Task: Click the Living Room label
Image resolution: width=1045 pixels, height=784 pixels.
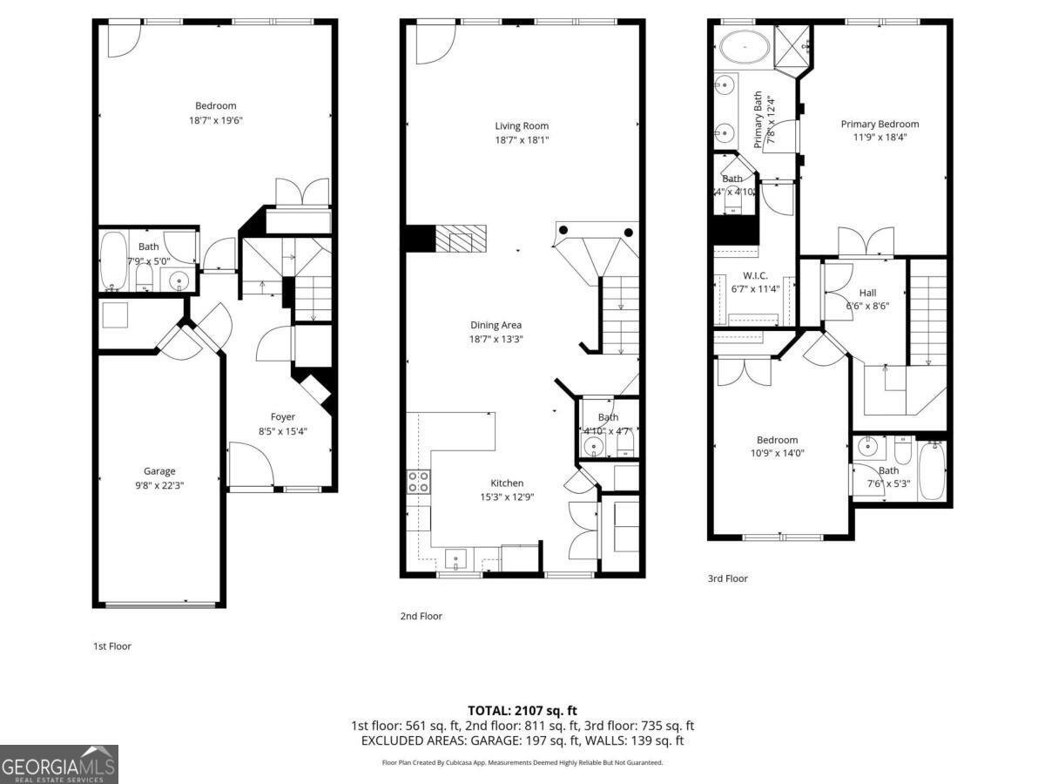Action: (522, 125)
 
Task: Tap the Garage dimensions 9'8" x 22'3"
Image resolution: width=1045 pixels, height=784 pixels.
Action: (159, 485)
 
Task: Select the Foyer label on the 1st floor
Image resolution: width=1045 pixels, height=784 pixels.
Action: (282, 417)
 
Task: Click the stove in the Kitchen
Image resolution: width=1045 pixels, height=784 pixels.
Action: (418, 482)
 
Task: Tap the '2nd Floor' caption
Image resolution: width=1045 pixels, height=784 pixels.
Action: (421, 616)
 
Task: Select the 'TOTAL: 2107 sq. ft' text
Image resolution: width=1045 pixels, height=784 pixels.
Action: (522, 710)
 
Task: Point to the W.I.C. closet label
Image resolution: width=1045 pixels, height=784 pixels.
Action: (754, 275)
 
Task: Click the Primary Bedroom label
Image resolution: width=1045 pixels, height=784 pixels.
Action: (880, 124)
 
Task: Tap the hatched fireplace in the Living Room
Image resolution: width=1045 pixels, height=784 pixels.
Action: (461, 238)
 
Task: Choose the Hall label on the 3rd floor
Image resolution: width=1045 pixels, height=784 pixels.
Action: (867, 293)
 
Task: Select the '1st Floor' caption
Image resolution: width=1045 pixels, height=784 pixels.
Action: (112, 645)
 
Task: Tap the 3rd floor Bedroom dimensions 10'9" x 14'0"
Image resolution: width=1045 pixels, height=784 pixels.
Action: (777, 453)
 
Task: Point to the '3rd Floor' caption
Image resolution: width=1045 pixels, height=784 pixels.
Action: (727, 578)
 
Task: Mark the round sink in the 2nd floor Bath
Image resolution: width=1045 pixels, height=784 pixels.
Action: (594, 446)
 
